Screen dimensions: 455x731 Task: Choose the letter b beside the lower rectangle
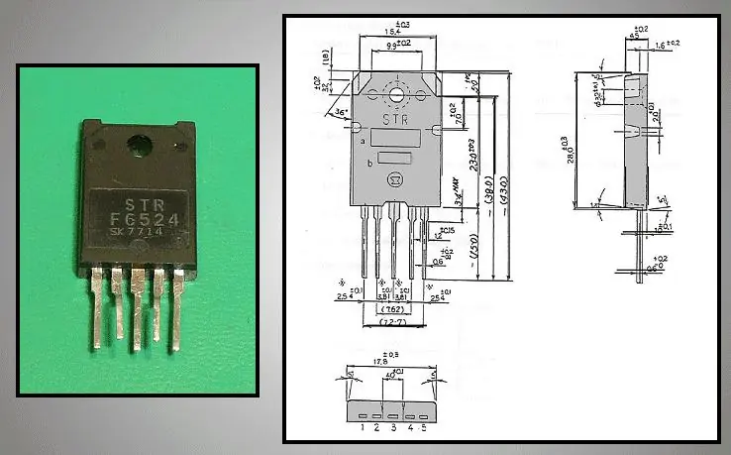(369, 163)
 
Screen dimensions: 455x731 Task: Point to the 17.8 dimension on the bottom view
(395, 362)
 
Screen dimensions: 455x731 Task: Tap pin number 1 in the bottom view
(363, 427)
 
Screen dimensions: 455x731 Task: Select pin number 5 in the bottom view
(425, 427)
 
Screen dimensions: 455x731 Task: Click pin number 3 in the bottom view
(393, 427)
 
